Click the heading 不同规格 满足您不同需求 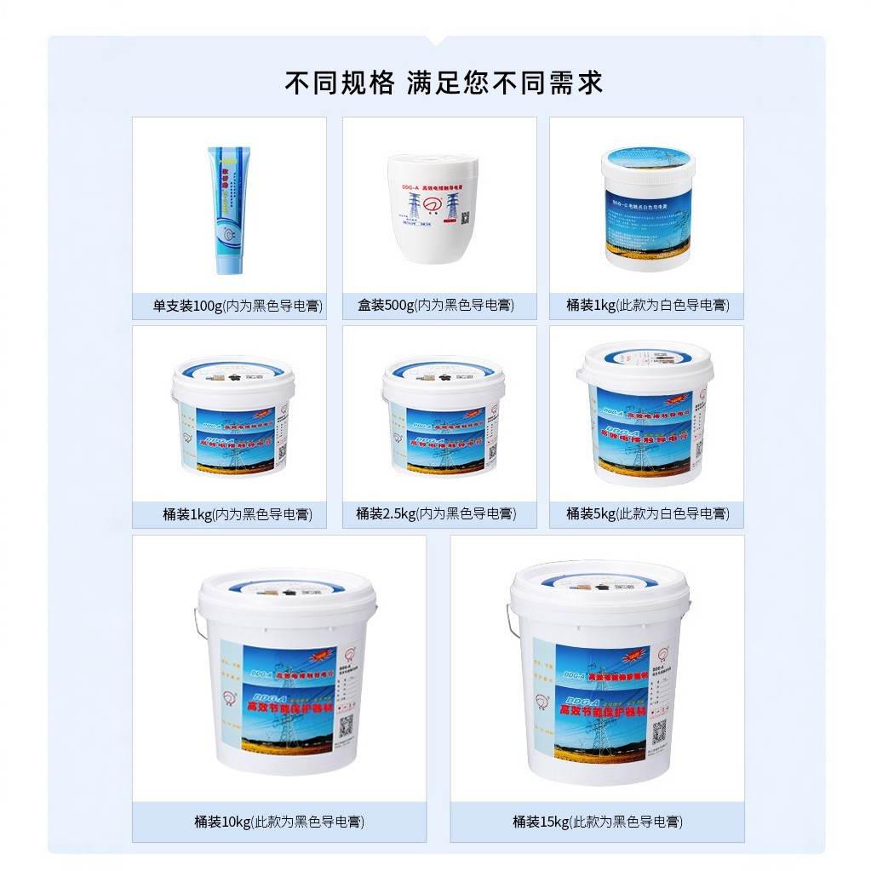[444, 83]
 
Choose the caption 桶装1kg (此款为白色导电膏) [647, 305]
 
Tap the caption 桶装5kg [647, 513]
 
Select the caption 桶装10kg [279, 822]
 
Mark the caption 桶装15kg [597, 822]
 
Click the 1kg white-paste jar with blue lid [647, 207]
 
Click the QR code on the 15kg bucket [658, 730]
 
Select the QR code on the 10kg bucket [347, 725]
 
